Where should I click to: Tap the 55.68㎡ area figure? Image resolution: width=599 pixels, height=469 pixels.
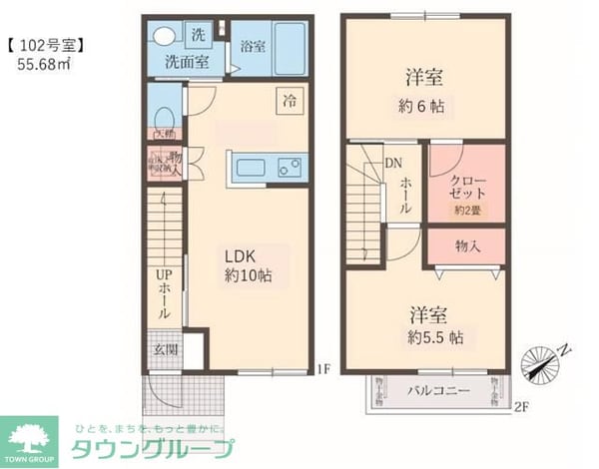coord(43,64)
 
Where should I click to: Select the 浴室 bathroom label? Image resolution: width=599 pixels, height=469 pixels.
coord(253,46)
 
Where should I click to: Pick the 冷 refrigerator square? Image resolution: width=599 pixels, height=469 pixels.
coord(290,100)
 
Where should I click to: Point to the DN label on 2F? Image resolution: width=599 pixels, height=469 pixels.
coord(394,165)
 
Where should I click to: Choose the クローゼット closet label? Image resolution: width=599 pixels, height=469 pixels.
coord(467,184)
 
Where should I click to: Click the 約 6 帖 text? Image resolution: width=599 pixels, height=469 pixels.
coord(425,105)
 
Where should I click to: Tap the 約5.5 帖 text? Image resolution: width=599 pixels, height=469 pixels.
coord(434,337)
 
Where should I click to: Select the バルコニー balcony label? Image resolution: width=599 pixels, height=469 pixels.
coord(437,390)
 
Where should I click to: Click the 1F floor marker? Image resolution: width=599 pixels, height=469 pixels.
coord(323,370)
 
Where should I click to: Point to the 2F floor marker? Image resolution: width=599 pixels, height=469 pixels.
coord(519,405)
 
